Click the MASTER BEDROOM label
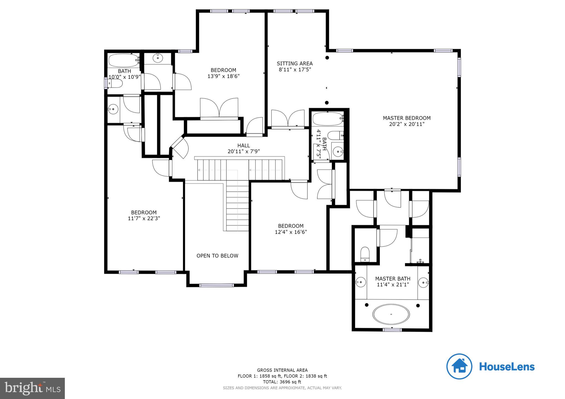click(406, 118)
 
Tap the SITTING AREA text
click(295, 63)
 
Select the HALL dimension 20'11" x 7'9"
click(244, 151)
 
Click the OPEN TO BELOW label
click(217, 256)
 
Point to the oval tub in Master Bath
click(391, 314)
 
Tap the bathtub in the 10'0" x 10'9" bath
click(123, 60)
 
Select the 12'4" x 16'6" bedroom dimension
click(291, 232)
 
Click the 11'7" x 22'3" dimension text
click(144, 219)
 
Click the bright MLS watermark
click(32, 388)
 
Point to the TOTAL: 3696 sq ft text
click(282, 382)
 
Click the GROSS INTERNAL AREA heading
click(282, 370)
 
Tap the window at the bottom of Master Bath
click(392, 330)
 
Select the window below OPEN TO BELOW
click(216, 285)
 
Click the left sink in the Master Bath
click(360, 282)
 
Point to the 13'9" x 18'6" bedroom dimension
click(223, 76)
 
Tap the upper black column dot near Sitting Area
click(327, 58)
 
